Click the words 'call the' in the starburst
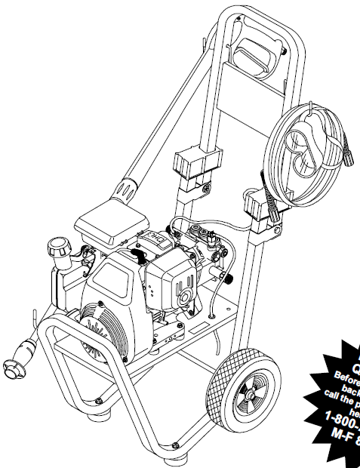tap(343, 393)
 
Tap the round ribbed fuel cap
tap(59, 248)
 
